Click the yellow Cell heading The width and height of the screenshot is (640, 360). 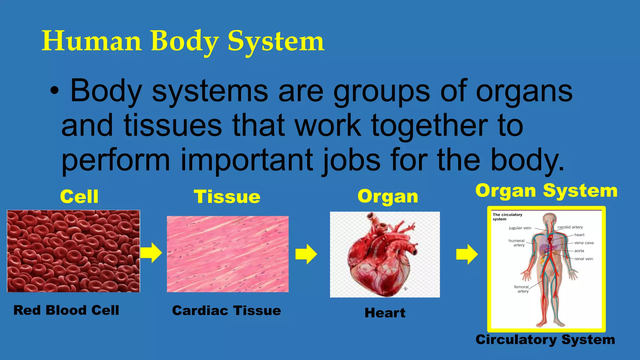coord(79,197)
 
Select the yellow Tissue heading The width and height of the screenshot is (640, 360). coord(227,197)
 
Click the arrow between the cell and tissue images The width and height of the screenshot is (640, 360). coord(151,252)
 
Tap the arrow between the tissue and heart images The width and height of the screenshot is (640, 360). coord(306,254)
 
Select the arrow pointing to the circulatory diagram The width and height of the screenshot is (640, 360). coord(467,254)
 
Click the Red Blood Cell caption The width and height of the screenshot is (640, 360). coord(66,310)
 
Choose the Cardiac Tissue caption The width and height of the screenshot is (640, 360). coord(227,311)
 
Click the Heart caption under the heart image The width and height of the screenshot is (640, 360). coord(385,313)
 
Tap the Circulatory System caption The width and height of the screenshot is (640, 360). coord(545,340)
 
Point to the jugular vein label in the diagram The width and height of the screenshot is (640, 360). coord(520,228)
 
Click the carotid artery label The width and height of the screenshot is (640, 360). coord(570,227)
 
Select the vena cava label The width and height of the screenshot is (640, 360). coord(584,243)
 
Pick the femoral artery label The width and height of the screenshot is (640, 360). coord(522,289)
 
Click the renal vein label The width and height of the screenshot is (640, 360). coord(583,259)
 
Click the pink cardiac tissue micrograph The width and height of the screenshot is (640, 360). coord(227,254)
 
